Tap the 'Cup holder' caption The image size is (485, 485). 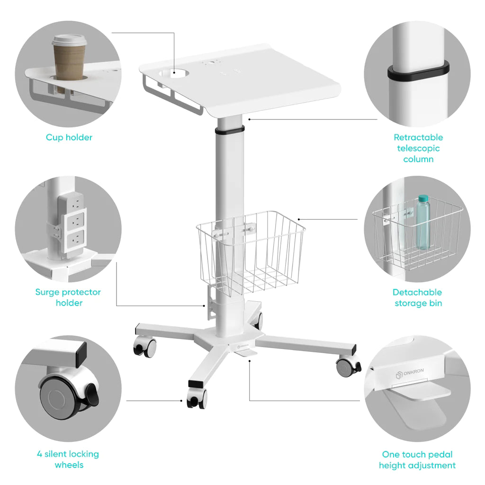69,137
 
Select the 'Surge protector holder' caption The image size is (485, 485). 68,297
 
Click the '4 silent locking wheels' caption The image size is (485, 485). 68,459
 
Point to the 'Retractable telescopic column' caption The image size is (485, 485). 418,148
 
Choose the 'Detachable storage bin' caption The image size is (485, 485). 417,297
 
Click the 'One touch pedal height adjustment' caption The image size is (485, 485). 417,459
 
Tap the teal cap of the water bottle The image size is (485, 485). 423,198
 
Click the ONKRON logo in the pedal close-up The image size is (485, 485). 410,373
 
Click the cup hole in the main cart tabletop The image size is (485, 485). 174,73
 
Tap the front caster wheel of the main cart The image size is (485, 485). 197,398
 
